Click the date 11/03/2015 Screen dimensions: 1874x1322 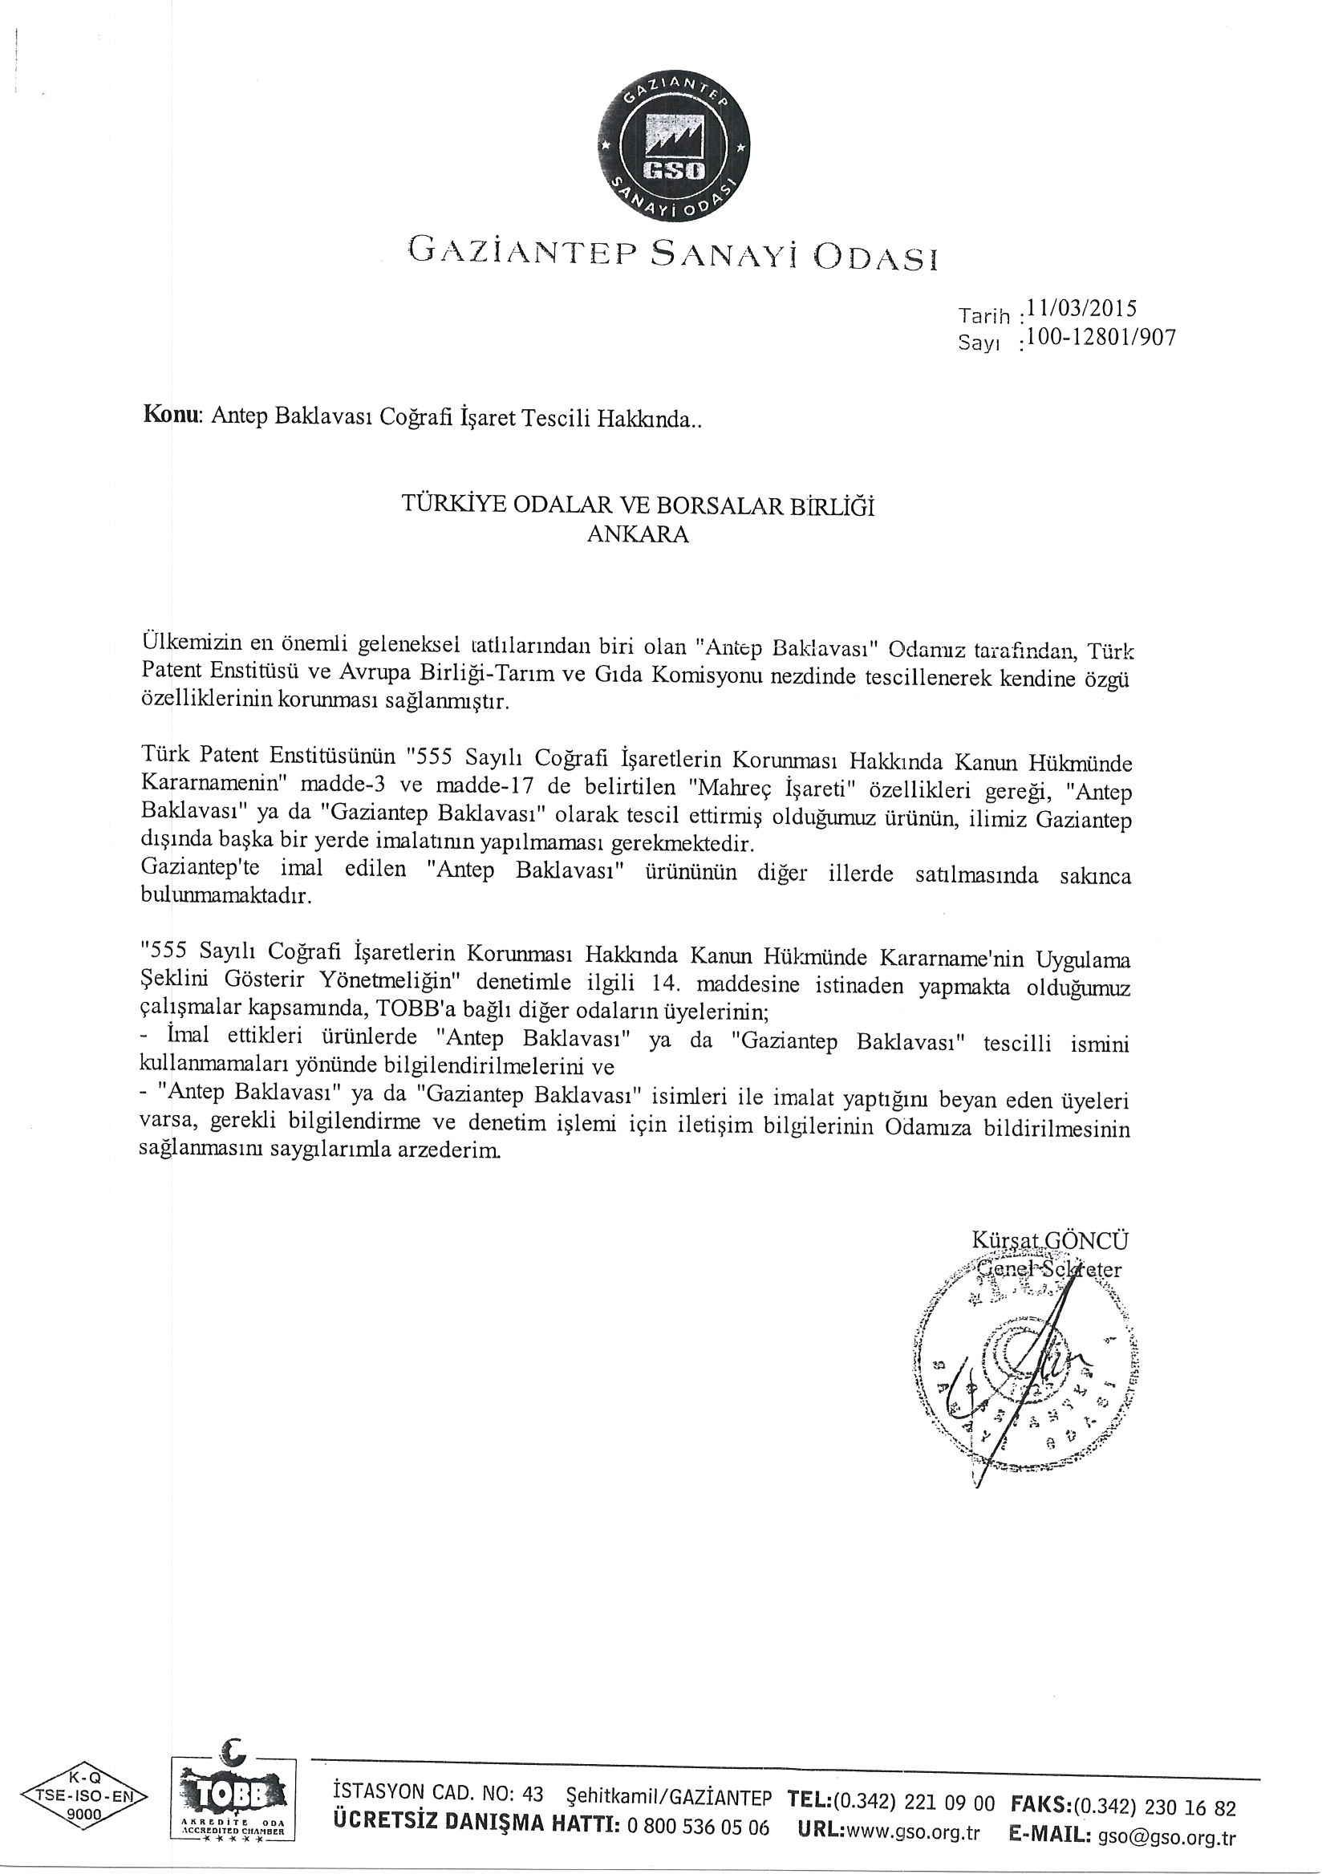pyautogui.click(x=1082, y=310)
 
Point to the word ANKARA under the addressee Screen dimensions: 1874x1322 pyautogui.click(x=639, y=535)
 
